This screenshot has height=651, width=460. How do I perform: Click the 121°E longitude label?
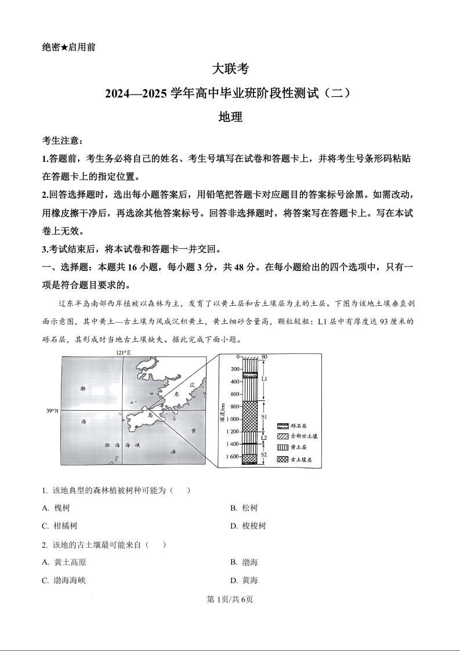[x=124, y=353]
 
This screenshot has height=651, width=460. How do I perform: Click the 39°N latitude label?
[x=53, y=411]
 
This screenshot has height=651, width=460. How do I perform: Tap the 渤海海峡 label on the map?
[x=123, y=445]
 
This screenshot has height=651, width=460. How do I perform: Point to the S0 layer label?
[x=264, y=357]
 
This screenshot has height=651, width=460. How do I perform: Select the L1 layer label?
[x=264, y=378]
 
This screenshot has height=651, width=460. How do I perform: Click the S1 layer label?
[x=264, y=417]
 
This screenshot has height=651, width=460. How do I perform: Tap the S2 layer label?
[x=264, y=455]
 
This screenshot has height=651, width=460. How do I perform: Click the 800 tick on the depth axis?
[x=234, y=407]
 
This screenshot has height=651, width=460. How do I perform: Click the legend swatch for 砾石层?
[x=282, y=425]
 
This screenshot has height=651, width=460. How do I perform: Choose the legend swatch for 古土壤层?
[x=282, y=459]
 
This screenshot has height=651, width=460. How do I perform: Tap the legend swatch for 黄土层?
[x=282, y=447]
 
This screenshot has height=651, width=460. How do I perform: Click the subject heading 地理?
[x=230, y=117]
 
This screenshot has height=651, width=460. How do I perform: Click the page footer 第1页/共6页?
[x=230, y=599]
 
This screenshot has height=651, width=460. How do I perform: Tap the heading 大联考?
[x=230, y=69]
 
